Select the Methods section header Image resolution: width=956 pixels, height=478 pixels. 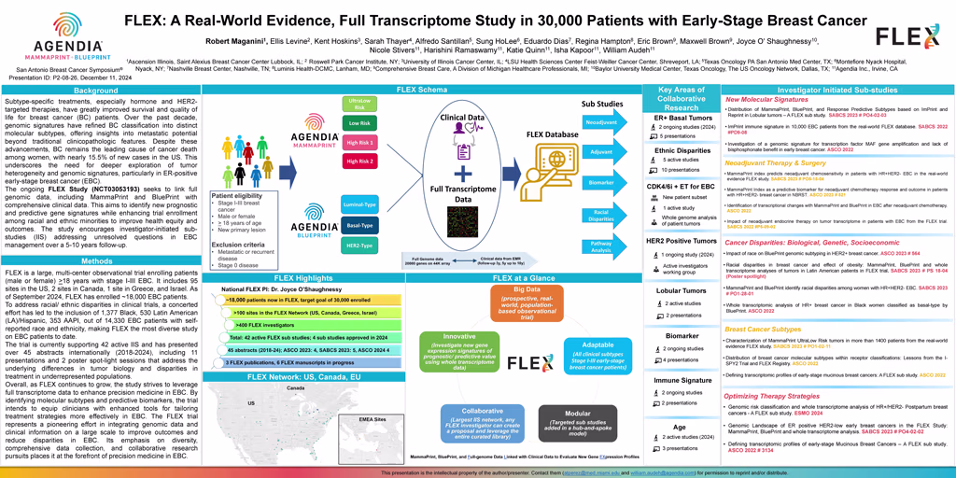coord(97,262)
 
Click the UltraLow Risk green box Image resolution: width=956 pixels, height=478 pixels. coord(358,103)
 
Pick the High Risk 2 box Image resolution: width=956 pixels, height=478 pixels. coord(358,162)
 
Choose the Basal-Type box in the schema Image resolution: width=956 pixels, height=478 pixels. coord(358,225)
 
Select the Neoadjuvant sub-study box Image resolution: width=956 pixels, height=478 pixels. coord(601,122)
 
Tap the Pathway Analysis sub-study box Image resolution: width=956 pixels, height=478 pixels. coord(601,247)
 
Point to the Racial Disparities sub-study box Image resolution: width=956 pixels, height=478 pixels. coord(601,216)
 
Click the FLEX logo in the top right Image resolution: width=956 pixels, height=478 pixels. coord(907,37)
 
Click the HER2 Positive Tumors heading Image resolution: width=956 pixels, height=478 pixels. coord(681,240)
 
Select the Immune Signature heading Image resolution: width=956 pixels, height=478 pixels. coord(681,381)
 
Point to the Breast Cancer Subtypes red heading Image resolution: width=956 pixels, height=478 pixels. coord(763,329)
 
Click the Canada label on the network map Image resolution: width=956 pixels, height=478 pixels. coord(295,387)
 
